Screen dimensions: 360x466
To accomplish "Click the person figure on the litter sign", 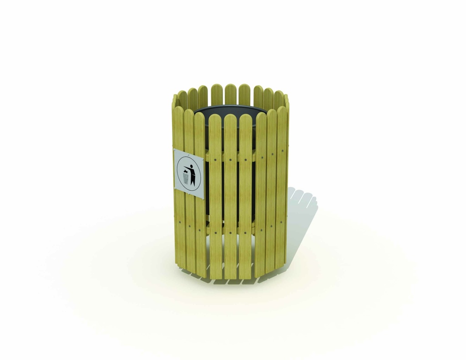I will (192, 174).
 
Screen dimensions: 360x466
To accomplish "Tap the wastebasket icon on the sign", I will (186, 178).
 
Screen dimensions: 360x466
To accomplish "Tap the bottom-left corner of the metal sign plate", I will (175, 189).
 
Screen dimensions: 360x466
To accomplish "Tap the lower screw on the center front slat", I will (231, 233).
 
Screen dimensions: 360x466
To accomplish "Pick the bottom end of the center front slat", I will (230, 277).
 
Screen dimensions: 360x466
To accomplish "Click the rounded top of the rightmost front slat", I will (282, 111).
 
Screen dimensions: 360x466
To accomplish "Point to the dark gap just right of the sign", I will (206, 177).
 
